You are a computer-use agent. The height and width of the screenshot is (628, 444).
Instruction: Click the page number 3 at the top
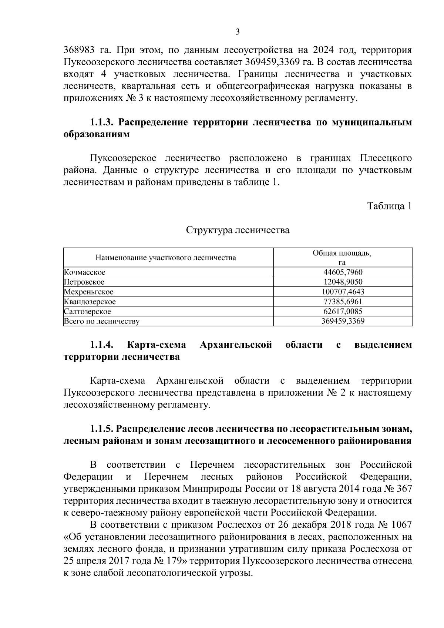[238, 32]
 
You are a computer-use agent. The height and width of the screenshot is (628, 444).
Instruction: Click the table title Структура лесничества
[238, 230]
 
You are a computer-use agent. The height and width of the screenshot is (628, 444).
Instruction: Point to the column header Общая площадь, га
[342, 258]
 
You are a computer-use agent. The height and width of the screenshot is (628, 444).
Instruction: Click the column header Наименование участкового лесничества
[166, 258]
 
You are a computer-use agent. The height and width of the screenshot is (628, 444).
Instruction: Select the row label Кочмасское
[85, 272]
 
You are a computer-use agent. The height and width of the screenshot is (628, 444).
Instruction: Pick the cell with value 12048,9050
[343, 282]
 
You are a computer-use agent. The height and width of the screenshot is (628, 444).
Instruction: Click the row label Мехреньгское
[89, 292]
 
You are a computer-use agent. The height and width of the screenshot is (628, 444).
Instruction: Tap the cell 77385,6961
[343, 302]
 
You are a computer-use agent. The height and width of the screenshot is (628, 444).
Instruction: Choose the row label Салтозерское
[88, 312]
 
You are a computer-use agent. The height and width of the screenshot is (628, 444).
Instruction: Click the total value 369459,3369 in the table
[343, 321]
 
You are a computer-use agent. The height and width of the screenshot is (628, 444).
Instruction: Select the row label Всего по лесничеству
[102, 321]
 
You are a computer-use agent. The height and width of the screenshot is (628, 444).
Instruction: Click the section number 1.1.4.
[101, 345]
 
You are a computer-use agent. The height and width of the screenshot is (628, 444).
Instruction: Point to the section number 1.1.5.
[101, 429]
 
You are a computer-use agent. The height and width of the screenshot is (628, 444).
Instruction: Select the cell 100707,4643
[343, 292]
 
